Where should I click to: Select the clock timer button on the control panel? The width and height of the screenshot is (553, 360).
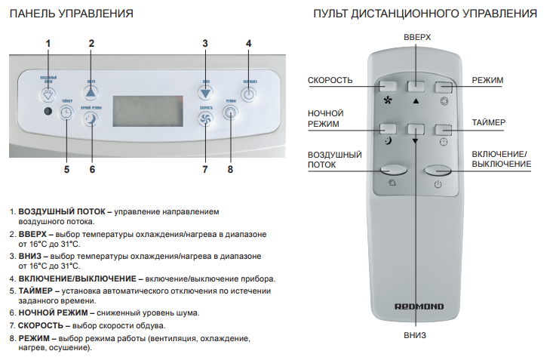pyautogui.click(x=66, y=112)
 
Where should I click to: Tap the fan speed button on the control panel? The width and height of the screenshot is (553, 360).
pyautogui.click(x=206, y=118)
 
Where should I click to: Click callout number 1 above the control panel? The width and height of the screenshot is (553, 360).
pyautogui.click(x=48, y=44)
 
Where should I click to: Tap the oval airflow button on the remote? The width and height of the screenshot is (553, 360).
pyautogui.click(x=392, y=171)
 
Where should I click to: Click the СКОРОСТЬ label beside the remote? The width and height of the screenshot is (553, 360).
pyautogui.click(x=330, y=81)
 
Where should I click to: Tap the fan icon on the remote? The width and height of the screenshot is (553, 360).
pyautogui.click(x=389, y=100)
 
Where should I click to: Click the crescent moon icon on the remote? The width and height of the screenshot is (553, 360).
pyautogui.click(x=388, y=140)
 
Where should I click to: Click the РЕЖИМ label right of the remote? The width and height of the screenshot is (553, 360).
pyautogui.click(x=487, y=81)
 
